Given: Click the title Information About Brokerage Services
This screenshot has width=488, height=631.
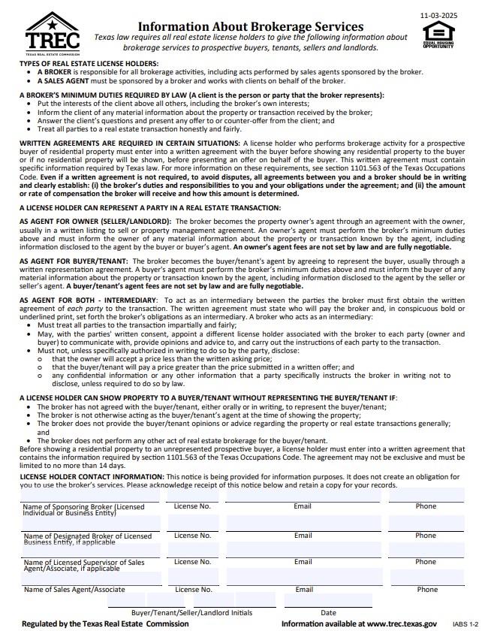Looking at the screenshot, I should point(251,26).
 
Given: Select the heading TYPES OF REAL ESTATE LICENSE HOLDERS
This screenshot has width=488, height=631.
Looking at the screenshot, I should point(89,63).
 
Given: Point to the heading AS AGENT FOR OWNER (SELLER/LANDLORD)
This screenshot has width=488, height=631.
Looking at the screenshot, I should point(95,222).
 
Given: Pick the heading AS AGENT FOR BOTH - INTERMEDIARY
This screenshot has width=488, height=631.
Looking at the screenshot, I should point(88,300).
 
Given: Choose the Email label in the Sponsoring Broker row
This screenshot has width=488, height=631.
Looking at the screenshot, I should point(303,506).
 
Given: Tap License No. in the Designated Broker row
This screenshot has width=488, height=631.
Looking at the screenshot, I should point(192,535).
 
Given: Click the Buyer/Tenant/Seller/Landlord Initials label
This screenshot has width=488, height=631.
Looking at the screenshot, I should point(191,612).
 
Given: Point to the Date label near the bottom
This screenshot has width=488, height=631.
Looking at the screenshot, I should point(328,612).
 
